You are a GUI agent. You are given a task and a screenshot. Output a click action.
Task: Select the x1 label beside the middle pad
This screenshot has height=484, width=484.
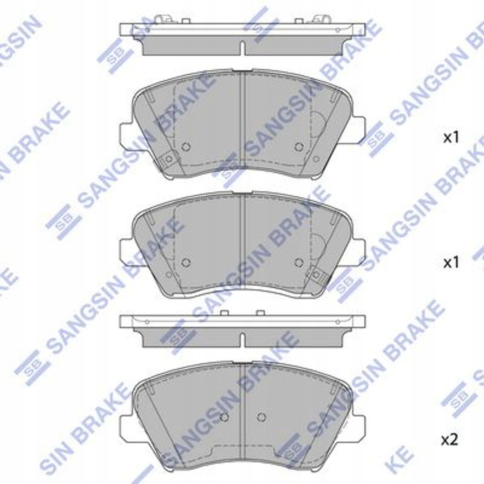click(451, 263)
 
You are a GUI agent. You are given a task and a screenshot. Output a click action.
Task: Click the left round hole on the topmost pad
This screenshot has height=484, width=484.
click(186, 146)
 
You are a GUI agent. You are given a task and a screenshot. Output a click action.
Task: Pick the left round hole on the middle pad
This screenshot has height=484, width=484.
click(186, 262)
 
